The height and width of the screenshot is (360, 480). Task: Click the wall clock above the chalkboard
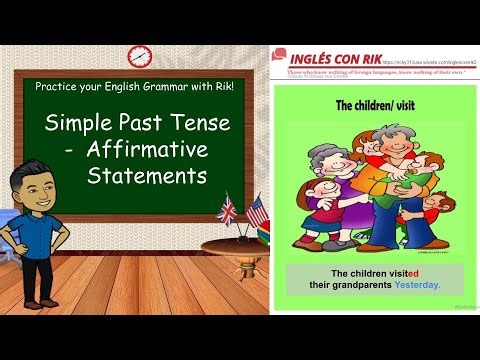(x=139, y=56)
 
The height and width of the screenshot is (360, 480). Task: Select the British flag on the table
(x=226, y=211)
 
